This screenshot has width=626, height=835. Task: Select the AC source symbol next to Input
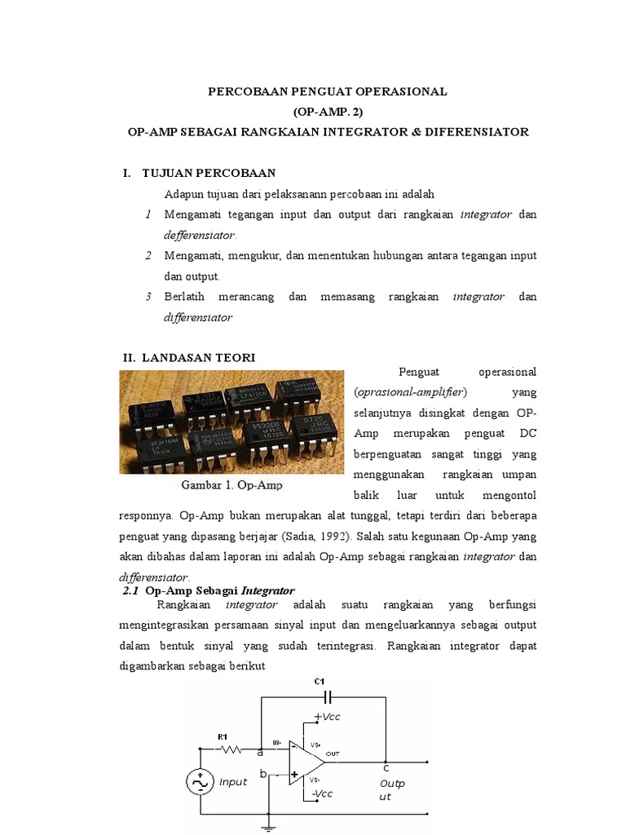coord(200,781)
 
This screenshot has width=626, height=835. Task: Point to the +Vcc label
coord(326,716)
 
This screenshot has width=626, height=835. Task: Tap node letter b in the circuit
coord(263,773)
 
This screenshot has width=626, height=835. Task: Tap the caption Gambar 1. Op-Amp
coord(231,486)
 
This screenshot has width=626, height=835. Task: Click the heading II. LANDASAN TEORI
coord(189,357)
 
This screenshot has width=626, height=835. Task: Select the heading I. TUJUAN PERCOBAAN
coord(200,173)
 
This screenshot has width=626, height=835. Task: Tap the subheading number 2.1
coord(130,590)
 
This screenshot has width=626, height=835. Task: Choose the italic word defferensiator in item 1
coord(200,235)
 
